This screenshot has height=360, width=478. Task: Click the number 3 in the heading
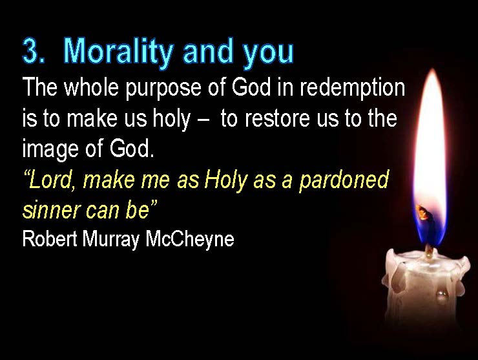(x=32, y=50)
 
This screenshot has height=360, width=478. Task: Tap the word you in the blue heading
(x=268, y=54)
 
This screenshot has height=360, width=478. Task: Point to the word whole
(x=91, y=87)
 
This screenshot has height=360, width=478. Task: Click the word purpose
(x=163, y=89)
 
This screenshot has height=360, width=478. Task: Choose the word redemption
(x=353, y=89)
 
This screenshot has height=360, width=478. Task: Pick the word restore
(x=277, y=118)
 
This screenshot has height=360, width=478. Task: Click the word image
(x=50, y=149)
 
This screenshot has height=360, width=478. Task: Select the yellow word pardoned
(x=344, y=180)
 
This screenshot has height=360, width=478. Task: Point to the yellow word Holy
(x=225, y=180)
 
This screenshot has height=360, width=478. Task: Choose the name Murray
(x=111, y=240)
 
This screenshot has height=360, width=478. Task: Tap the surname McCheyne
(x=190, y=240)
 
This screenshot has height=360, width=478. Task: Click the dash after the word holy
(x=203, y=120)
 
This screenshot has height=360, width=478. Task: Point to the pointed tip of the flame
(x=432, y=70)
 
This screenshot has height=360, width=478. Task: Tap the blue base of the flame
(x=430, y=226)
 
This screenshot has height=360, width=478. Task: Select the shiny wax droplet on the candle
(x=442, y=294)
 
